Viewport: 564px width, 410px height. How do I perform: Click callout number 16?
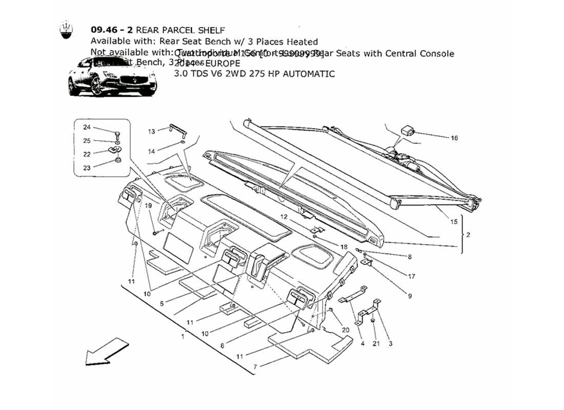pyautogui.click(x=454, y=138)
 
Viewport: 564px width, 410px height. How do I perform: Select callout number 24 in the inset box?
pyautogui.click(x=87, y=127)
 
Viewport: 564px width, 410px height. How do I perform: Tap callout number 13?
pyautogui.click(x=152, y=132)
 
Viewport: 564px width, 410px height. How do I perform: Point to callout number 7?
pyautogui.click(x=254, y=366)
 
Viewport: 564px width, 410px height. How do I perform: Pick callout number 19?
pyautogui.click(x=148, y=206)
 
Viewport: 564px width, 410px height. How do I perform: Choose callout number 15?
pyautogui.click(x=454, y=222)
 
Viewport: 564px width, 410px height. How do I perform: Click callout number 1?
pyautogui.click(x=183, y=337)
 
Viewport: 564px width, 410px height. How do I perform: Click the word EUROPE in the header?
pyautogui.click(x=222, y=64)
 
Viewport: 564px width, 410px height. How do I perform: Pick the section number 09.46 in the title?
pyautogui.click(x=105, y=30)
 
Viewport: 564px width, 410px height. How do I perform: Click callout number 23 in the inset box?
pyautogui.click(x=87, y=168)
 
